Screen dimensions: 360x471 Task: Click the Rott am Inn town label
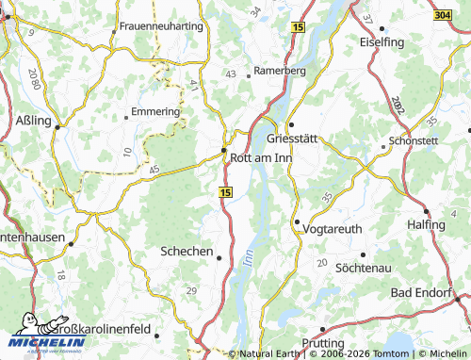pyautogui.click(x=261, y=157)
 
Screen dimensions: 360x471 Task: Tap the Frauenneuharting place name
pyautogui.click(x=161, y=25)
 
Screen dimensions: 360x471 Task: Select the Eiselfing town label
pyautogui.click(x=382, y=43)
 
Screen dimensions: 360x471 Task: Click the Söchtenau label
pyautogui.click(x=363, y=268)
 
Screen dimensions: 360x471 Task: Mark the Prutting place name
pyautogui.click(x=326, y=343)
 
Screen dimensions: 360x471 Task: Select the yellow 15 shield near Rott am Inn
pyautogui.click(x=225, y=191)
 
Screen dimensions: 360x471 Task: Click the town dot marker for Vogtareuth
pyautogui.click(x=297, y=222)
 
